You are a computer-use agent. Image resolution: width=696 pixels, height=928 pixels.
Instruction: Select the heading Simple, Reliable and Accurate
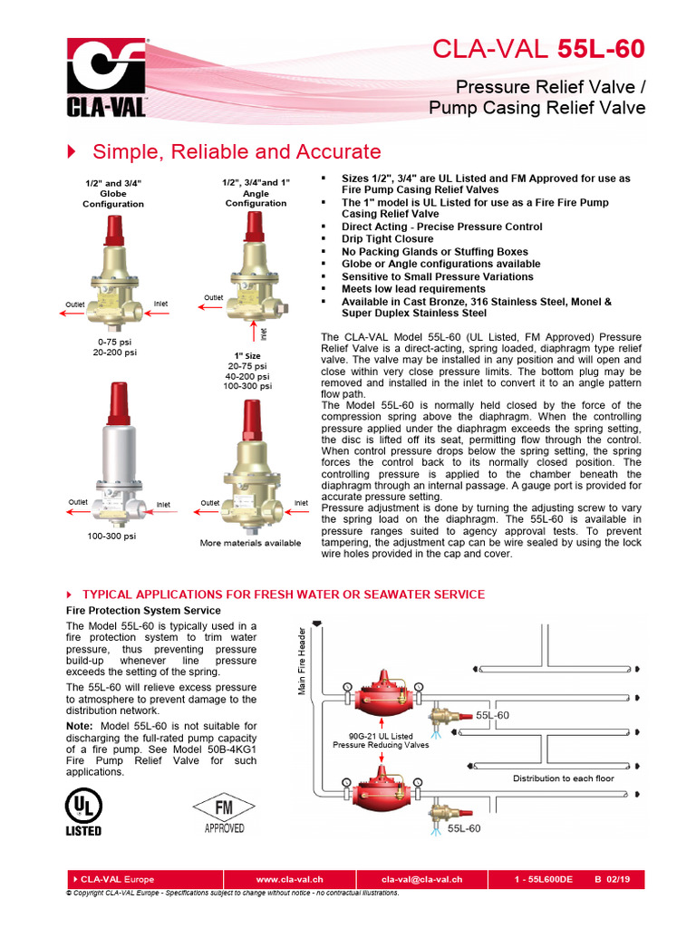click(237, 151)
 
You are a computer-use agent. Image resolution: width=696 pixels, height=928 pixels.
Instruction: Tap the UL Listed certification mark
click(83, 810)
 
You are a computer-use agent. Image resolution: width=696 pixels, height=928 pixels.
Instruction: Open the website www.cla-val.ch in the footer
click(290, 879)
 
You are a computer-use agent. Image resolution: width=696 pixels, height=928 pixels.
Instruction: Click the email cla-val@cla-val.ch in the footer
click(421, 879)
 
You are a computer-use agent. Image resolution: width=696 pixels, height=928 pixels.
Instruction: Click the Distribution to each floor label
click(563, 778)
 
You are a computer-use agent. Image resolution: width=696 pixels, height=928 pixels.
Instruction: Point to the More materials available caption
click(250, 543)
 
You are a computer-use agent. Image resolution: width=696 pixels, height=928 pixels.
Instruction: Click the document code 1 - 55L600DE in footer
click(545, 879)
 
